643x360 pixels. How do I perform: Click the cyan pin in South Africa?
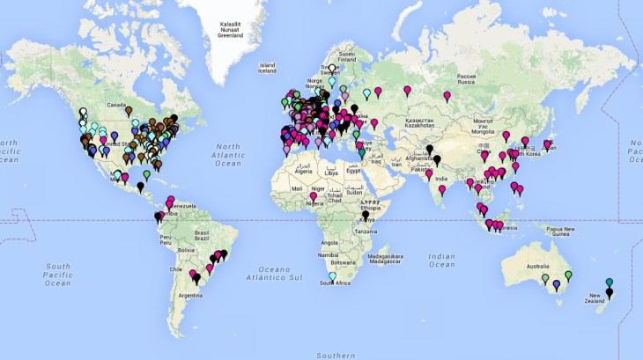(x=332, y=276)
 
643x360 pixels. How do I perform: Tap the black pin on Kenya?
(x=366, y=215)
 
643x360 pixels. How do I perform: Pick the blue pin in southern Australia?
(x=556, y=284)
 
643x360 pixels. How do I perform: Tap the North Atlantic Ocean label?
(x=228, y=154)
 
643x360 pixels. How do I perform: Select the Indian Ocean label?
(x=441, y=260)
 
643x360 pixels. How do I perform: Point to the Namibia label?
(x=326, y=255)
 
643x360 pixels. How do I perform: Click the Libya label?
(x=331, y=173)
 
